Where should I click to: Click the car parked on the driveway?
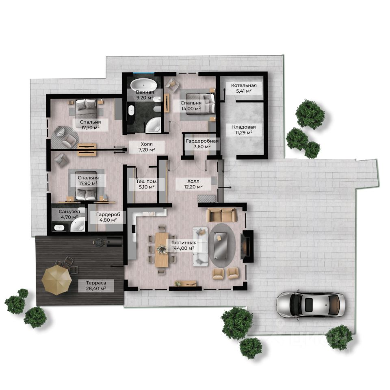[x=311, y=304]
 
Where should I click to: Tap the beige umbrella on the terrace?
[x=57, y=280]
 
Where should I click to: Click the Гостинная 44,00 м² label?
[x=184, y=245]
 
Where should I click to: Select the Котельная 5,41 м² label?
[x=244, y=88]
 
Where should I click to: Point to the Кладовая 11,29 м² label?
[x=244, y=130]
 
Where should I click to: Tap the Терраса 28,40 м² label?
[x=96, y=286]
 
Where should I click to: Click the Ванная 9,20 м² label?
[x=145, y=95]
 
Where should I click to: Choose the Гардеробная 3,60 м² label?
[x=202, y=144]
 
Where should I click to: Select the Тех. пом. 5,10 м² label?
[x=147, y=184]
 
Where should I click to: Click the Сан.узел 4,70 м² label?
[x=69, y=214]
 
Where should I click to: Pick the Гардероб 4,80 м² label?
[x=108, y=217]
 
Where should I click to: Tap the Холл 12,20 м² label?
[x=193, y=184]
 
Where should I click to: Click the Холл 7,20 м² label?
[x=147, y=147]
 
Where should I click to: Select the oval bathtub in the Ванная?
[x=144, y=85]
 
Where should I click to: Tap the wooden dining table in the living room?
[x=162, y=249]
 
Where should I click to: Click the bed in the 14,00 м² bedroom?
[x=200, y=104]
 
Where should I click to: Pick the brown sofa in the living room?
[x=221, y=215]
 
